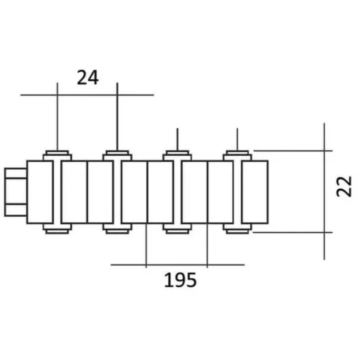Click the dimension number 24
click(88, 78)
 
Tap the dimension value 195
click(180, 280)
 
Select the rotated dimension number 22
click(344, 186)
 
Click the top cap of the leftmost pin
click(57, 155)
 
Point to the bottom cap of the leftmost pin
click(57, 229)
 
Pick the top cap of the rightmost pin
click(238, 155)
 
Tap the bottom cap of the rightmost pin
click(238, 229)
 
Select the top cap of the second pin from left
click(118, 155)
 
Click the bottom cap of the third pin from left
click(177, 229)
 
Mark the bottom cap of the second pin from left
click(118, 229)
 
